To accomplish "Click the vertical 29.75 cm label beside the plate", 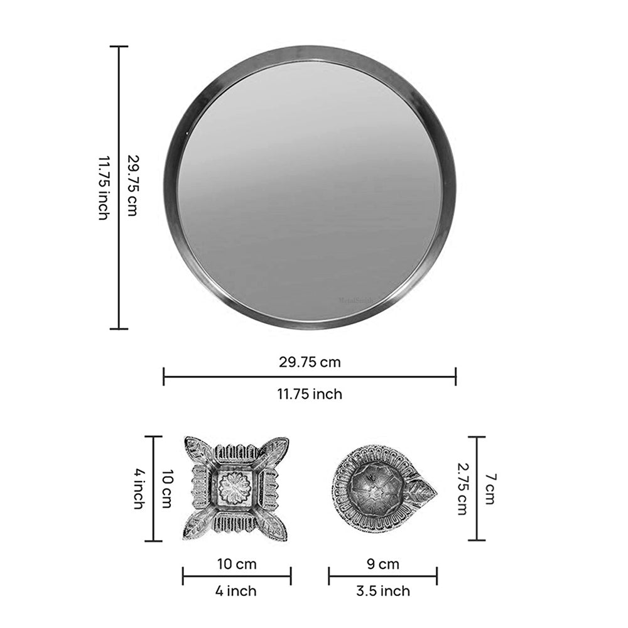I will pyautogui.click(x=132, y=186).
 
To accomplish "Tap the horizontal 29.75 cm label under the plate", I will pyautogui.click(x=310, y=362).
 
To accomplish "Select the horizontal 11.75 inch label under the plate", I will pyautogui.click(x=310, y=394).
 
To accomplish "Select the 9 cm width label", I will pyautogui.click(x=382, y=564).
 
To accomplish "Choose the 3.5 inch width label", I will pyautogui.click(x=382, y=591).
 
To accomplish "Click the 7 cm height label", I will pyautogui.click(x=490, y=489).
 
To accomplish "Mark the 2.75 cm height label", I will pyautogui.click(x=462, y=489).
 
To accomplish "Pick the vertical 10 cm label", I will pyautogui.click(x=166, y=489).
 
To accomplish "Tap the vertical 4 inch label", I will pyautogui.click(x=138, y=489).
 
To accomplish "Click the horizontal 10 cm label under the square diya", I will pyautogui.click(x=237, y=564).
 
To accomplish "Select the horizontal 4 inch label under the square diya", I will pyautogui.click(x=237, y=591).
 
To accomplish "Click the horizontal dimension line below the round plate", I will pyautogui.click(x=310, y=377).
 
